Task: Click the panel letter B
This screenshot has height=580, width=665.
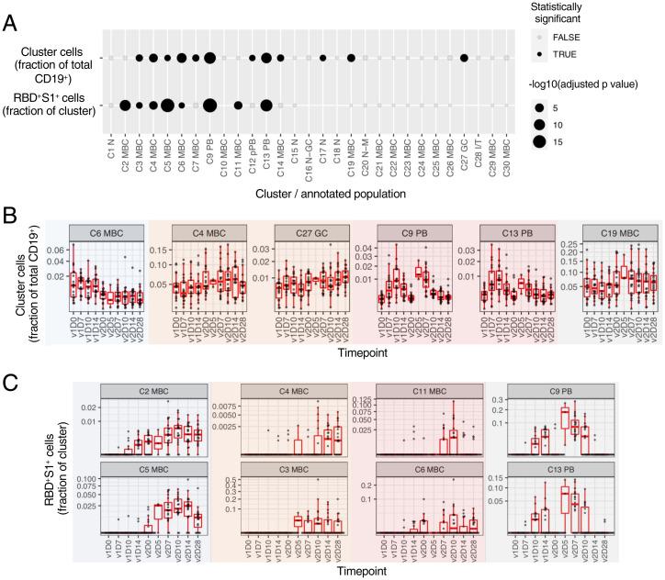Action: tap(11, 216)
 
